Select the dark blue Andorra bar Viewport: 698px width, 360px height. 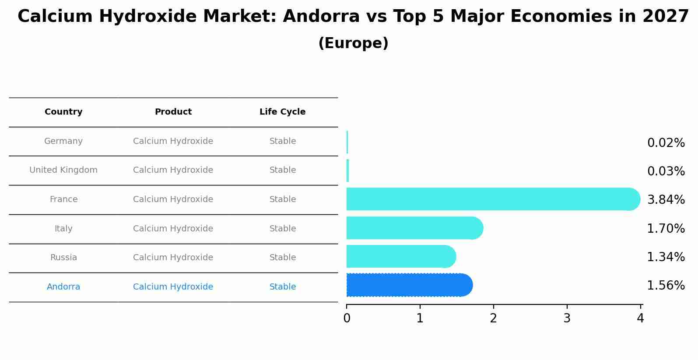click(x=407, y=285)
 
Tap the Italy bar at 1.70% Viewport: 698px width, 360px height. click(x=411, y=228)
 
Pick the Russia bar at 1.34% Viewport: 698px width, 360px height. click(x=398, y=256)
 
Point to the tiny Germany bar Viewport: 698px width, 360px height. click(x=347, y=142)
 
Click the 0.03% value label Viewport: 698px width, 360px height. click(x=666, y=171)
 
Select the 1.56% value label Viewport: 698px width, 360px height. click(x=666, y=286)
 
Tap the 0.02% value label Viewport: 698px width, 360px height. click(x=666, y=143)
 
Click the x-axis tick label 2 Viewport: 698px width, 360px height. click(x=494, y=318)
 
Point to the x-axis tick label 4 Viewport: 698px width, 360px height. click(x=640, y=318)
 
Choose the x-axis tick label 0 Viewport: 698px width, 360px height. click(x=347, y=318)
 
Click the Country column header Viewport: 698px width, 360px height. click(x=63, y=112)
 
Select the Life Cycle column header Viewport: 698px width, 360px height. click(x=282, y=112)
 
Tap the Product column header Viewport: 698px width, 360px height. click(x=173, y=112)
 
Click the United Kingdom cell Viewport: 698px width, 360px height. click(x=63, y=170)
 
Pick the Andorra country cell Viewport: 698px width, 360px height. click(x=63, y=287)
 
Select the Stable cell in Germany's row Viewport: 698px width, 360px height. click(x=283, y=141)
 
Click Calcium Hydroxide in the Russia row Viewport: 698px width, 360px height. click(x=173, y=258)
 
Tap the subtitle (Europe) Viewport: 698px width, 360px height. click(x=353, y=43)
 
